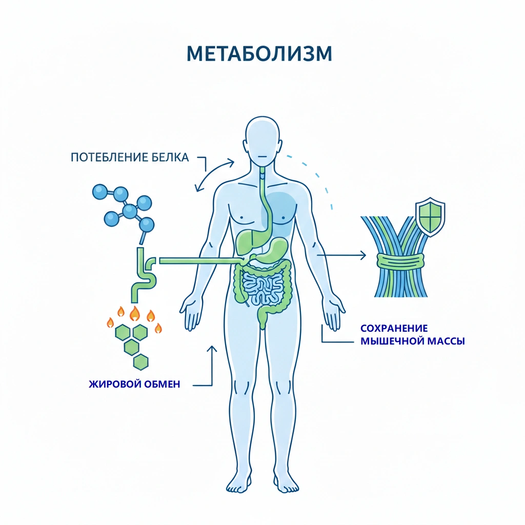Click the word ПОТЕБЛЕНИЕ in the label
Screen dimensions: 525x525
coord(106,157)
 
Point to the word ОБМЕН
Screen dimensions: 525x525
coord(161,384)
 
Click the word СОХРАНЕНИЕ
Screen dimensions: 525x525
coord(394,328)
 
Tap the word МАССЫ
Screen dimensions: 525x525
coord(447,341)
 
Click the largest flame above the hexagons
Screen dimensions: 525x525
coord(134,312)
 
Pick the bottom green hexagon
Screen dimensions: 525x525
coord(140,362)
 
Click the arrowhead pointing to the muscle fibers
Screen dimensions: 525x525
coord(364,255)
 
